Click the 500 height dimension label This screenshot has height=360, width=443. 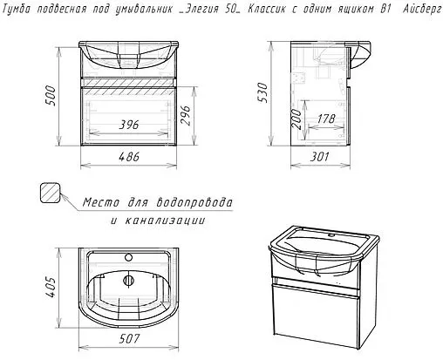(x=51, y=96)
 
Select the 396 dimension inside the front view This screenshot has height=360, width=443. (x=129, y=125)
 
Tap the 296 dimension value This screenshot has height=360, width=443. (x=185, y=115)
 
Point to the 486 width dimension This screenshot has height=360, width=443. (x=129, y=157)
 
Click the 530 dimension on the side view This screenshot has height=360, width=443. (x=262, y=92)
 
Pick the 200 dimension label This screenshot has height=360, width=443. (x=296, y=119)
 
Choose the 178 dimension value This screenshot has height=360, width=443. (x=326, y=119)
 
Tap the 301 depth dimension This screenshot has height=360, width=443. (x=319, y=157)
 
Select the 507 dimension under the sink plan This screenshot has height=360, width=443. (x=129, y=338)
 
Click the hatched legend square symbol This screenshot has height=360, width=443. (x=50, y=193)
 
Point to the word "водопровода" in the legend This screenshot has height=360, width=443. (x=194, y=202)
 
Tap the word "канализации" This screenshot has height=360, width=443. (x=165, y=221)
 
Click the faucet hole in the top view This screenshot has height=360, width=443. (x=128, y=257)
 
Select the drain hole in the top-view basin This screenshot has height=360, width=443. (x=128, y=281)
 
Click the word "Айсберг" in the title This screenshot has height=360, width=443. (x=422, y=10)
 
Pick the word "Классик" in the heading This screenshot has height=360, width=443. (x=267, y=9)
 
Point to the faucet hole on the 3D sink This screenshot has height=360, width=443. (x=331, y=234)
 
